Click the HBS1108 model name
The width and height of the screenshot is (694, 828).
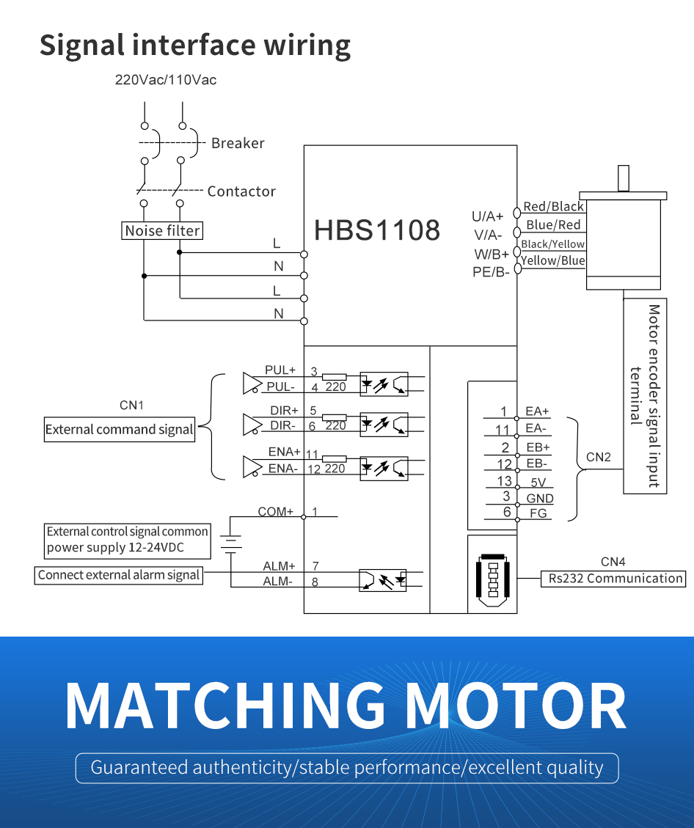(377, 230)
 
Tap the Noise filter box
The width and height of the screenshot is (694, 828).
(162, 231)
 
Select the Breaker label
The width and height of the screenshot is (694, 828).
(238, 143)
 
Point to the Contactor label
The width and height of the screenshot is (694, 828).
(241, 191)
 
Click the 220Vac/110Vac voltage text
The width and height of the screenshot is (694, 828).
(166, 80)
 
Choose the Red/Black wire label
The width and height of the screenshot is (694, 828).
(553, 207)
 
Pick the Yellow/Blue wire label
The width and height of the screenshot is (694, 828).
(553, 260)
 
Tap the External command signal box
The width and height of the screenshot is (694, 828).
(120, 430)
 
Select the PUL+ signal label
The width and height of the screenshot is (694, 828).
(280, 370)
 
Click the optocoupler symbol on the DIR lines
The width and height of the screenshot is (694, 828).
(384, 424)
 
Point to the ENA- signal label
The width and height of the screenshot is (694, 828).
(282, 469)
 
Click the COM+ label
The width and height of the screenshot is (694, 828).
(275, 511)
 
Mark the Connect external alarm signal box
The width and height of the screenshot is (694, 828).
(119, 575)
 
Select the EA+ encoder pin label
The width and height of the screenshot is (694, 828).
(538, 411)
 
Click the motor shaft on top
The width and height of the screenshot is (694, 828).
(624, 179)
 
